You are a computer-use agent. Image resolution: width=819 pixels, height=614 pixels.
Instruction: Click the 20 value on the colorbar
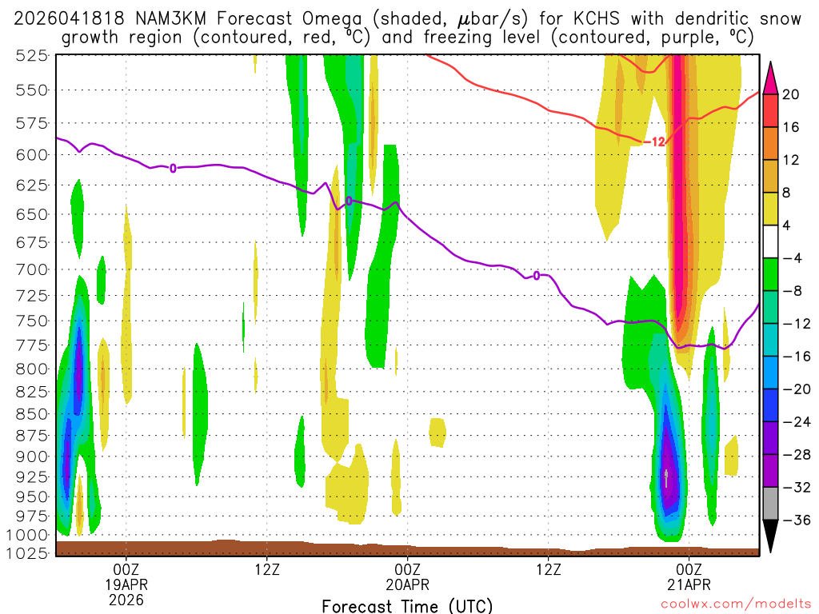[x=791, y=94]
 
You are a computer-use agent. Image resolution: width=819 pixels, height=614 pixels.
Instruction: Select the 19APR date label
[x=126, y=584]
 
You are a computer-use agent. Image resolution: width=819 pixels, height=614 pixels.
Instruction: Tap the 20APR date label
[x=408, y=584]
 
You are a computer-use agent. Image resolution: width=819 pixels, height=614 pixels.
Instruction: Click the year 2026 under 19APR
[x=126, y=599]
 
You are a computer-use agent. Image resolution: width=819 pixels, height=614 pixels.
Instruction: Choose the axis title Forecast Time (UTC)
[x=407, y=605]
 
